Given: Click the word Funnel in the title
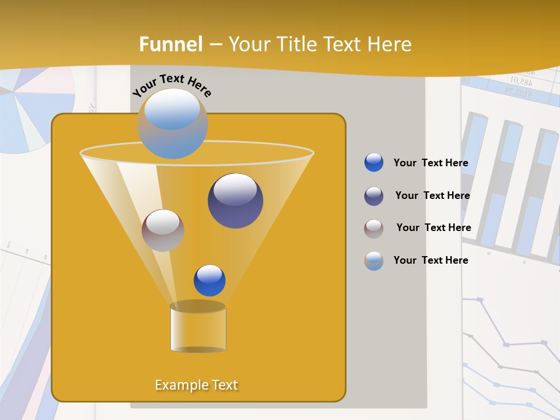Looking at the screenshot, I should pos(171,44).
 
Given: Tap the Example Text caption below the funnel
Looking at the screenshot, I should pos(197,385).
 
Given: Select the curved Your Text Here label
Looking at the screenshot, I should pos(171,85).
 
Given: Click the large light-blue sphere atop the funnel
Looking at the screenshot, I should pos(172,123).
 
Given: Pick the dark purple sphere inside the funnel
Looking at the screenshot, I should pos(235,200).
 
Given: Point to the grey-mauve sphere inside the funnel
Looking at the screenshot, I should pos(163,230).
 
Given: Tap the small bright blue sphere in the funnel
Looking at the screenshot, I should pos(209,280).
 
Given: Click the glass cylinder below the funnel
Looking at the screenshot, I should pos(198,328).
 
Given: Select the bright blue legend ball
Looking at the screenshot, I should pos(374,163).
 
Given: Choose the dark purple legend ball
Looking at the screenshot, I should pos(374,196).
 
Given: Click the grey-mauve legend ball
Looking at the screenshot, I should pos(374,229).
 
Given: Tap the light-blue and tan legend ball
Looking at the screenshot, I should pos(374,261).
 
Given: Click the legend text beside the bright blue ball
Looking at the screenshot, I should pos(430,163).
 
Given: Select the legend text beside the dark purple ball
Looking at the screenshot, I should pos(432,195).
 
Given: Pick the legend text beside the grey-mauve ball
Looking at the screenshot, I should pos(433,228).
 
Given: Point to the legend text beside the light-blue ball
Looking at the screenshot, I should pos(430,260).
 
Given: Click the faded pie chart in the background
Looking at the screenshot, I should pos(29,111).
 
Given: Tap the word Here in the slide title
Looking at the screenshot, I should pos(387,44).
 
